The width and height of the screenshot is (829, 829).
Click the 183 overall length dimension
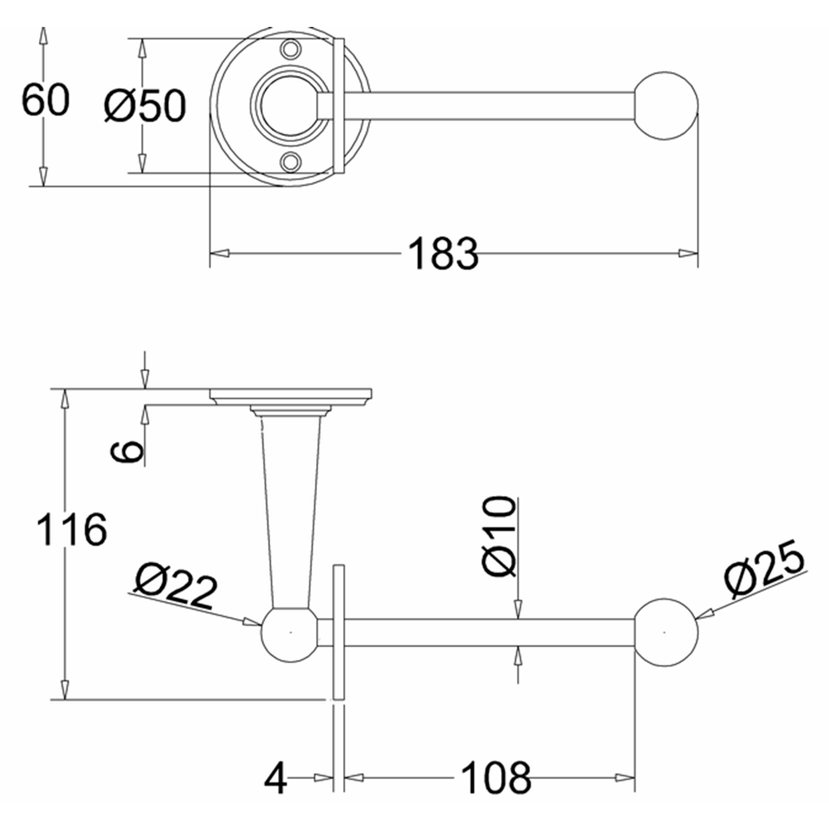click(443, 253)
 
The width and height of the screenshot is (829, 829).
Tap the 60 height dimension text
click(46, 100)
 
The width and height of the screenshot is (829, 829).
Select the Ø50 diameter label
click(145, 106)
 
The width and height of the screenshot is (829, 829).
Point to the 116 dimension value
click(72, 529)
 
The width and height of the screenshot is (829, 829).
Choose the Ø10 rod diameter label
click(499, 536)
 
